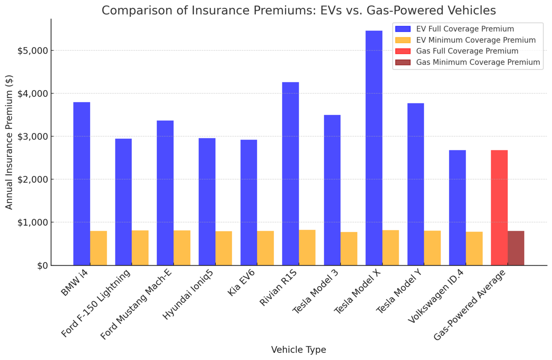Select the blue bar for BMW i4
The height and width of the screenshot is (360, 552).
click(x=82, y=184)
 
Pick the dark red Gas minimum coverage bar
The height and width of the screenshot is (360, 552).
click(x=516, y=248)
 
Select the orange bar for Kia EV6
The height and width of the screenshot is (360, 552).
click(x=265, y=248)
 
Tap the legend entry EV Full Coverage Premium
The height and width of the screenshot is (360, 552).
click(x=465, y=29)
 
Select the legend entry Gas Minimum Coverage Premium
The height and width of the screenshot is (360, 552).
click(x=478, y=62)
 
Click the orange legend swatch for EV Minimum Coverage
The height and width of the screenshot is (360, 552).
click(x=402, y=40)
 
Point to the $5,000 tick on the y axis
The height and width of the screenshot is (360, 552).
click(x=35, y=51)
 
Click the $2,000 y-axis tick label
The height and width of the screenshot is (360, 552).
click(x=35, y=179)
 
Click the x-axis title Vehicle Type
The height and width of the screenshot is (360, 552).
click(x=298, y=350)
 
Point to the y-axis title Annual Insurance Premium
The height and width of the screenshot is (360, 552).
click(x=9, y=142)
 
